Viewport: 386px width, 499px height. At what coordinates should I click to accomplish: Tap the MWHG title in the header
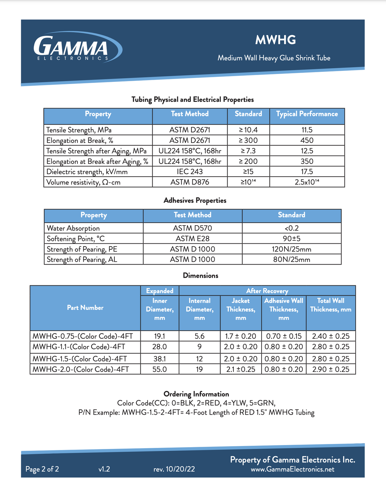(x=275, y=40)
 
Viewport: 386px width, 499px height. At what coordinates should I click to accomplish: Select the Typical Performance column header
(x=307, y=114)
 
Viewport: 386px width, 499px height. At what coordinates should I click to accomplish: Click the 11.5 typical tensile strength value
(x=307, y=130)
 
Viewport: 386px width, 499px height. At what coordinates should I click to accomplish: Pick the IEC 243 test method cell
(x=189, y=172)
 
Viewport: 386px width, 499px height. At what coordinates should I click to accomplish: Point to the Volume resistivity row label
(x=83, y=182)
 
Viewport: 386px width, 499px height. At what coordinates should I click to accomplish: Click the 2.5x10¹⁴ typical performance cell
(x=307, y=182)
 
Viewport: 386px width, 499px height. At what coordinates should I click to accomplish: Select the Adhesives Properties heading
(x=195, y=201)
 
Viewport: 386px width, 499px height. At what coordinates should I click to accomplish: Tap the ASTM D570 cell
(x=192, y=228)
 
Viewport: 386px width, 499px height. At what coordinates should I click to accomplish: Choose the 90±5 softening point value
(x=291, y=238)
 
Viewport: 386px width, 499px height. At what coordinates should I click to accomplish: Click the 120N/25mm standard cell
(x=291, y=249)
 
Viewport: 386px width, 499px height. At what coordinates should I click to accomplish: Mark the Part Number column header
(x=85, y=308)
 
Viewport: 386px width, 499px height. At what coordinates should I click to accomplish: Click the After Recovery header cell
(x=267, y=291)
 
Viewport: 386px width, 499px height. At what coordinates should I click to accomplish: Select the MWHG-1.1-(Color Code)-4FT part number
(x=79, y=347)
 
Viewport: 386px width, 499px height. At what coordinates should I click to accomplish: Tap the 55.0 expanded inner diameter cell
(x=159, y=369)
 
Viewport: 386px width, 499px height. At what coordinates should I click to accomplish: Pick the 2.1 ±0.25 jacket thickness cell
(x=241, y=369)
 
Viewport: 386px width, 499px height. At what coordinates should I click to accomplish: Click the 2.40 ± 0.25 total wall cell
(x=331, y=336)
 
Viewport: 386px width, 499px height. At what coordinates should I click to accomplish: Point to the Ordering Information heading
(x=196, y=394)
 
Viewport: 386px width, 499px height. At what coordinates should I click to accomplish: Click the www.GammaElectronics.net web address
(x=292, y=469)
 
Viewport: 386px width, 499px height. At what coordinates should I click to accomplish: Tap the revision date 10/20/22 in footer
(x=174, y=469)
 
